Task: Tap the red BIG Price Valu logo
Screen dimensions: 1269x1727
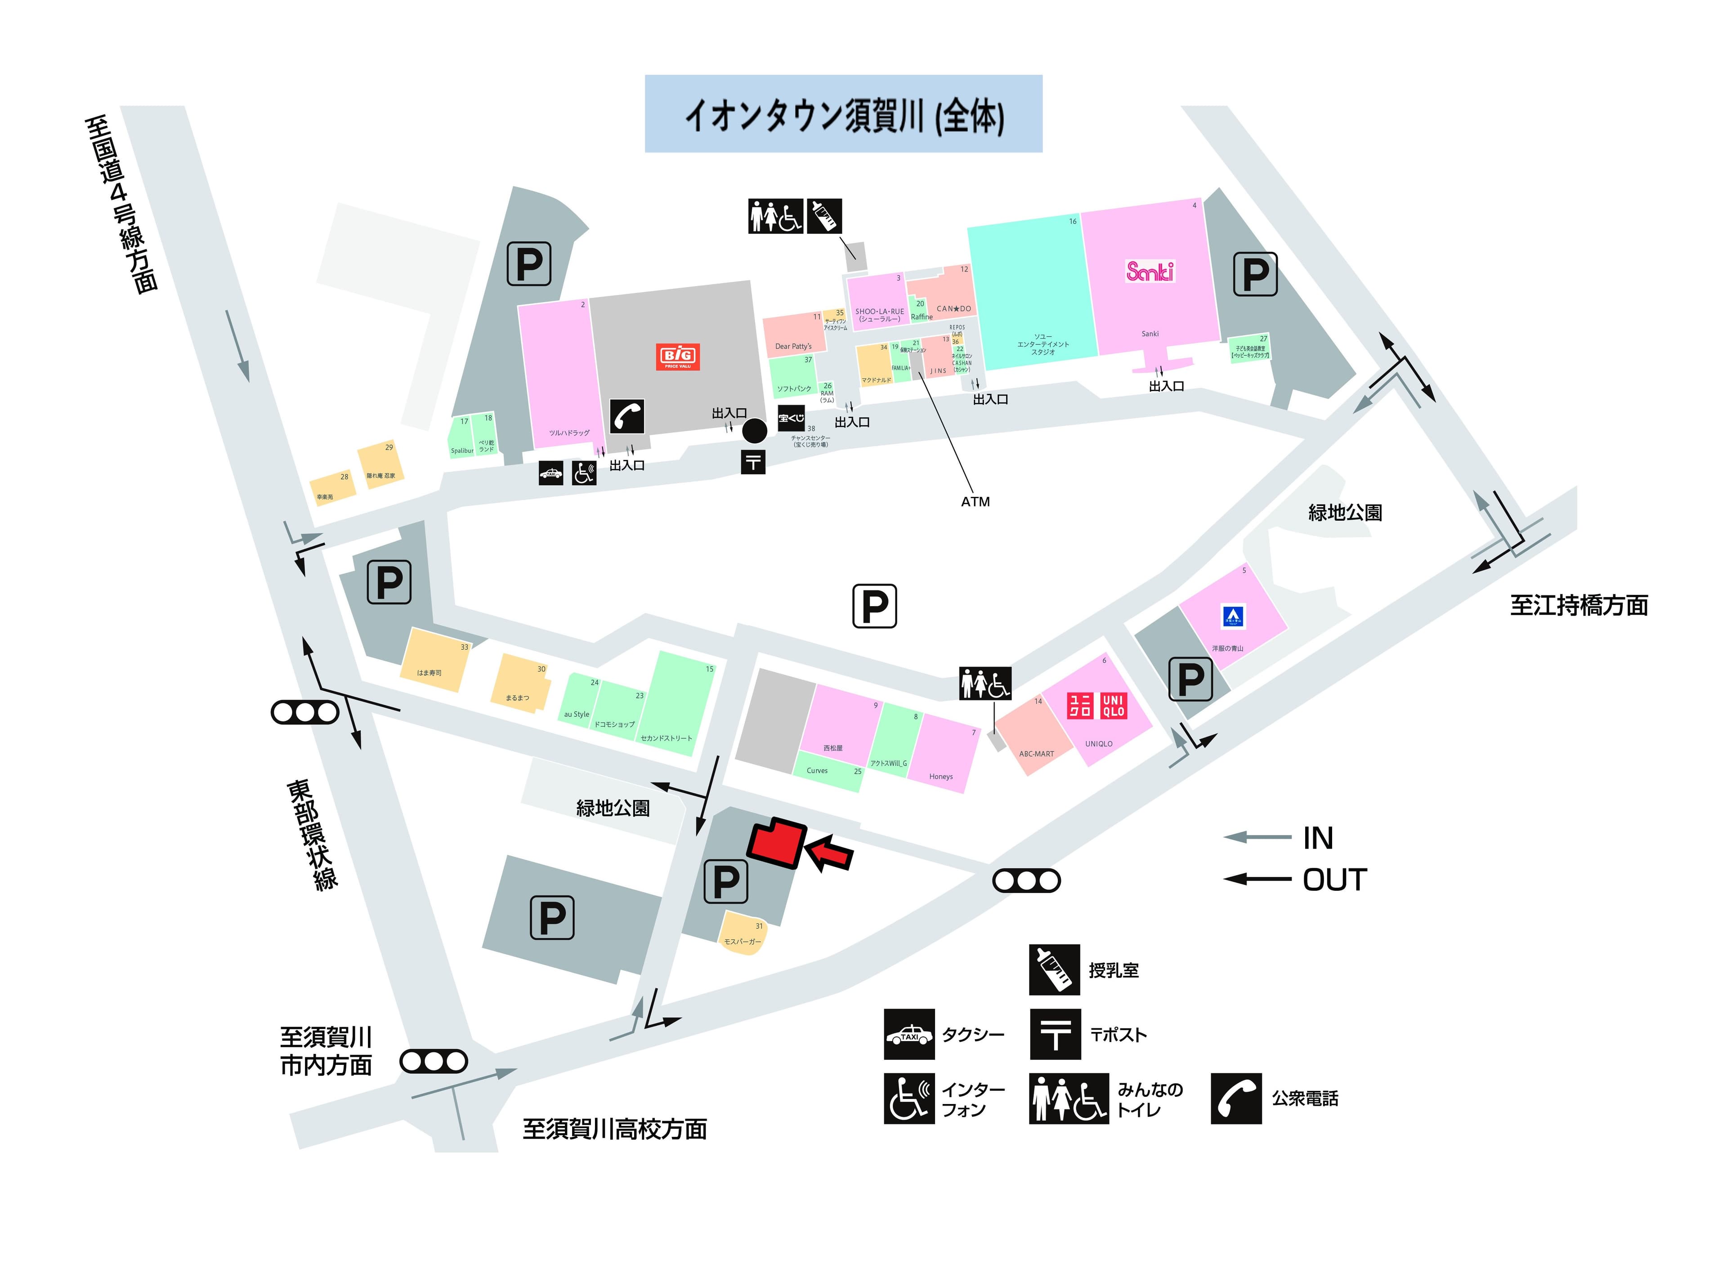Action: point(678,357)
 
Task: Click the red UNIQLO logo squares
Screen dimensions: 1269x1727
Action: point(1096,705)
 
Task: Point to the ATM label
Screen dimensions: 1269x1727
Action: point(975,501)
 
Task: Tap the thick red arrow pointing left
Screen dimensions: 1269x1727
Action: point(830,853)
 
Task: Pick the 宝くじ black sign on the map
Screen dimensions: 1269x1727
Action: point(791,418)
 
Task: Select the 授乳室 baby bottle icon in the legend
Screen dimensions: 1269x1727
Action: point(1054,970)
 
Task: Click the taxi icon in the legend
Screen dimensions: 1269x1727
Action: point(909,1034)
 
